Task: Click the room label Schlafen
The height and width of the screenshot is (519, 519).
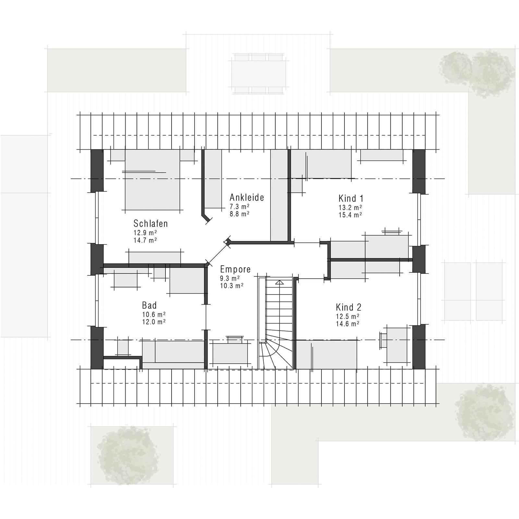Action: [x=151, y=223]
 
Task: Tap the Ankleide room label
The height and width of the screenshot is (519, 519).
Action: [x=247, y=197]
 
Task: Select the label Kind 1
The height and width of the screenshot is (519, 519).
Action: [x=351, y=198]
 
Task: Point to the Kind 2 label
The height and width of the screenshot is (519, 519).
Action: [x=348, y=307]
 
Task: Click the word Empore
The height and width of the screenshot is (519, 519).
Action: [x=235, y=269]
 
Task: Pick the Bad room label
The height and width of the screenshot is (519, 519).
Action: [x=149, y=305]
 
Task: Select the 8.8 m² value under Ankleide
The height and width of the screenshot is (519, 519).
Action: [x=239, y=214]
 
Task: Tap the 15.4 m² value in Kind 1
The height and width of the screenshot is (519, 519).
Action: [x=350, y=215]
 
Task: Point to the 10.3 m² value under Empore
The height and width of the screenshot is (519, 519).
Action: [x=232, y=286]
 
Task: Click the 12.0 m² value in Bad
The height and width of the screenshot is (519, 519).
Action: [x=154, y=322]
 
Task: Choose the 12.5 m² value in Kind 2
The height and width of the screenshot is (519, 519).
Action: [x=347, y=316]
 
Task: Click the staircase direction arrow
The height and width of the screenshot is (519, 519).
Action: [x=279, y=283]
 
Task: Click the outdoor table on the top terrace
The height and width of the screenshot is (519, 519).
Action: [x=259, y=74]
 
